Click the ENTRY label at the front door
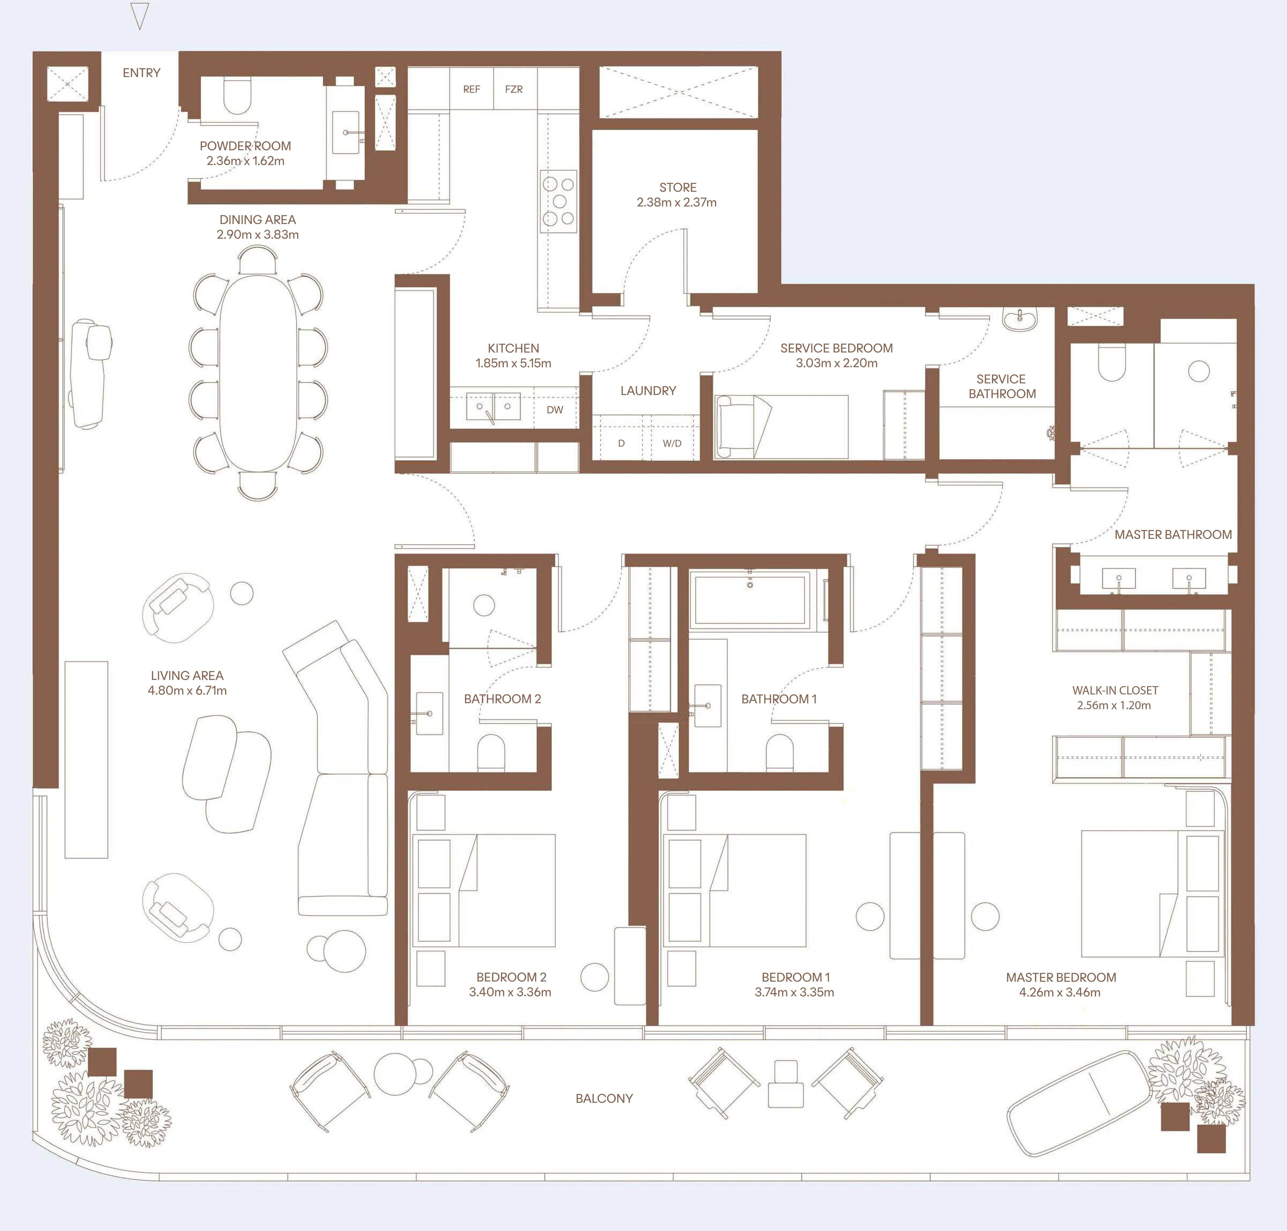(141, 73)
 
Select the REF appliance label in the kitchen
(471, 89)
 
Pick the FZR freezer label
(514, 89)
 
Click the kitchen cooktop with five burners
(558, 202)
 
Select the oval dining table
(258, 373)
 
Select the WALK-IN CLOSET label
(1114, 690)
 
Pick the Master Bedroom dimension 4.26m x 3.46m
(1059, 992)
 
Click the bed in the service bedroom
(781, 427)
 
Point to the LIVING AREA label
(187, 675)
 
